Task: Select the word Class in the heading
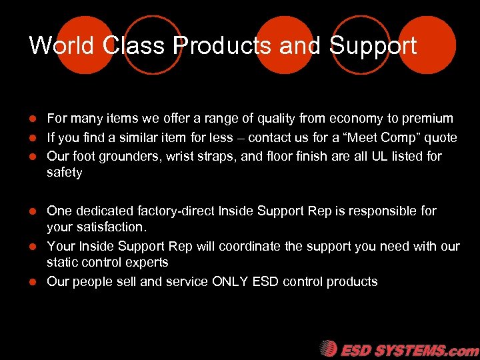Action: [x=135, y=46]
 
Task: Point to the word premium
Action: [x=427, y=119]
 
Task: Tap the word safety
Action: [x=65, y=173]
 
